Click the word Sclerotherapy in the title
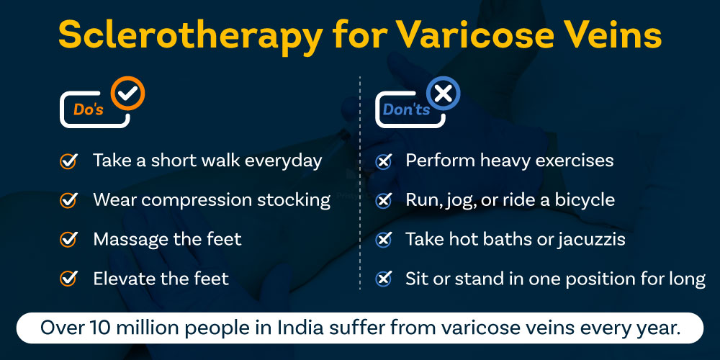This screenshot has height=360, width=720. [186, 36]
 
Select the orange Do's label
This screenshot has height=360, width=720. [89, 109]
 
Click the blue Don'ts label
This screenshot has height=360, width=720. [406, 109]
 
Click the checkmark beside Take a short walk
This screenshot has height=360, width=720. [68, 161]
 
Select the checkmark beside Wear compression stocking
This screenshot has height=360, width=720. [68, 200]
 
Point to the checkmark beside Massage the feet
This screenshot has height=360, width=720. [68, 239]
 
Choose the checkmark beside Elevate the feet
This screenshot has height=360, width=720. [68, 278]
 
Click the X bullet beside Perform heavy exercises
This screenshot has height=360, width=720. [384, 161]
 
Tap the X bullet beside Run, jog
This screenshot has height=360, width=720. [384, 200]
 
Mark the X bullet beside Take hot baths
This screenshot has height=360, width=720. [384, 239]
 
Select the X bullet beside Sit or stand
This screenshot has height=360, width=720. [384, 278]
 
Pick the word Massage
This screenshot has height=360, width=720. [130, 239]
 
